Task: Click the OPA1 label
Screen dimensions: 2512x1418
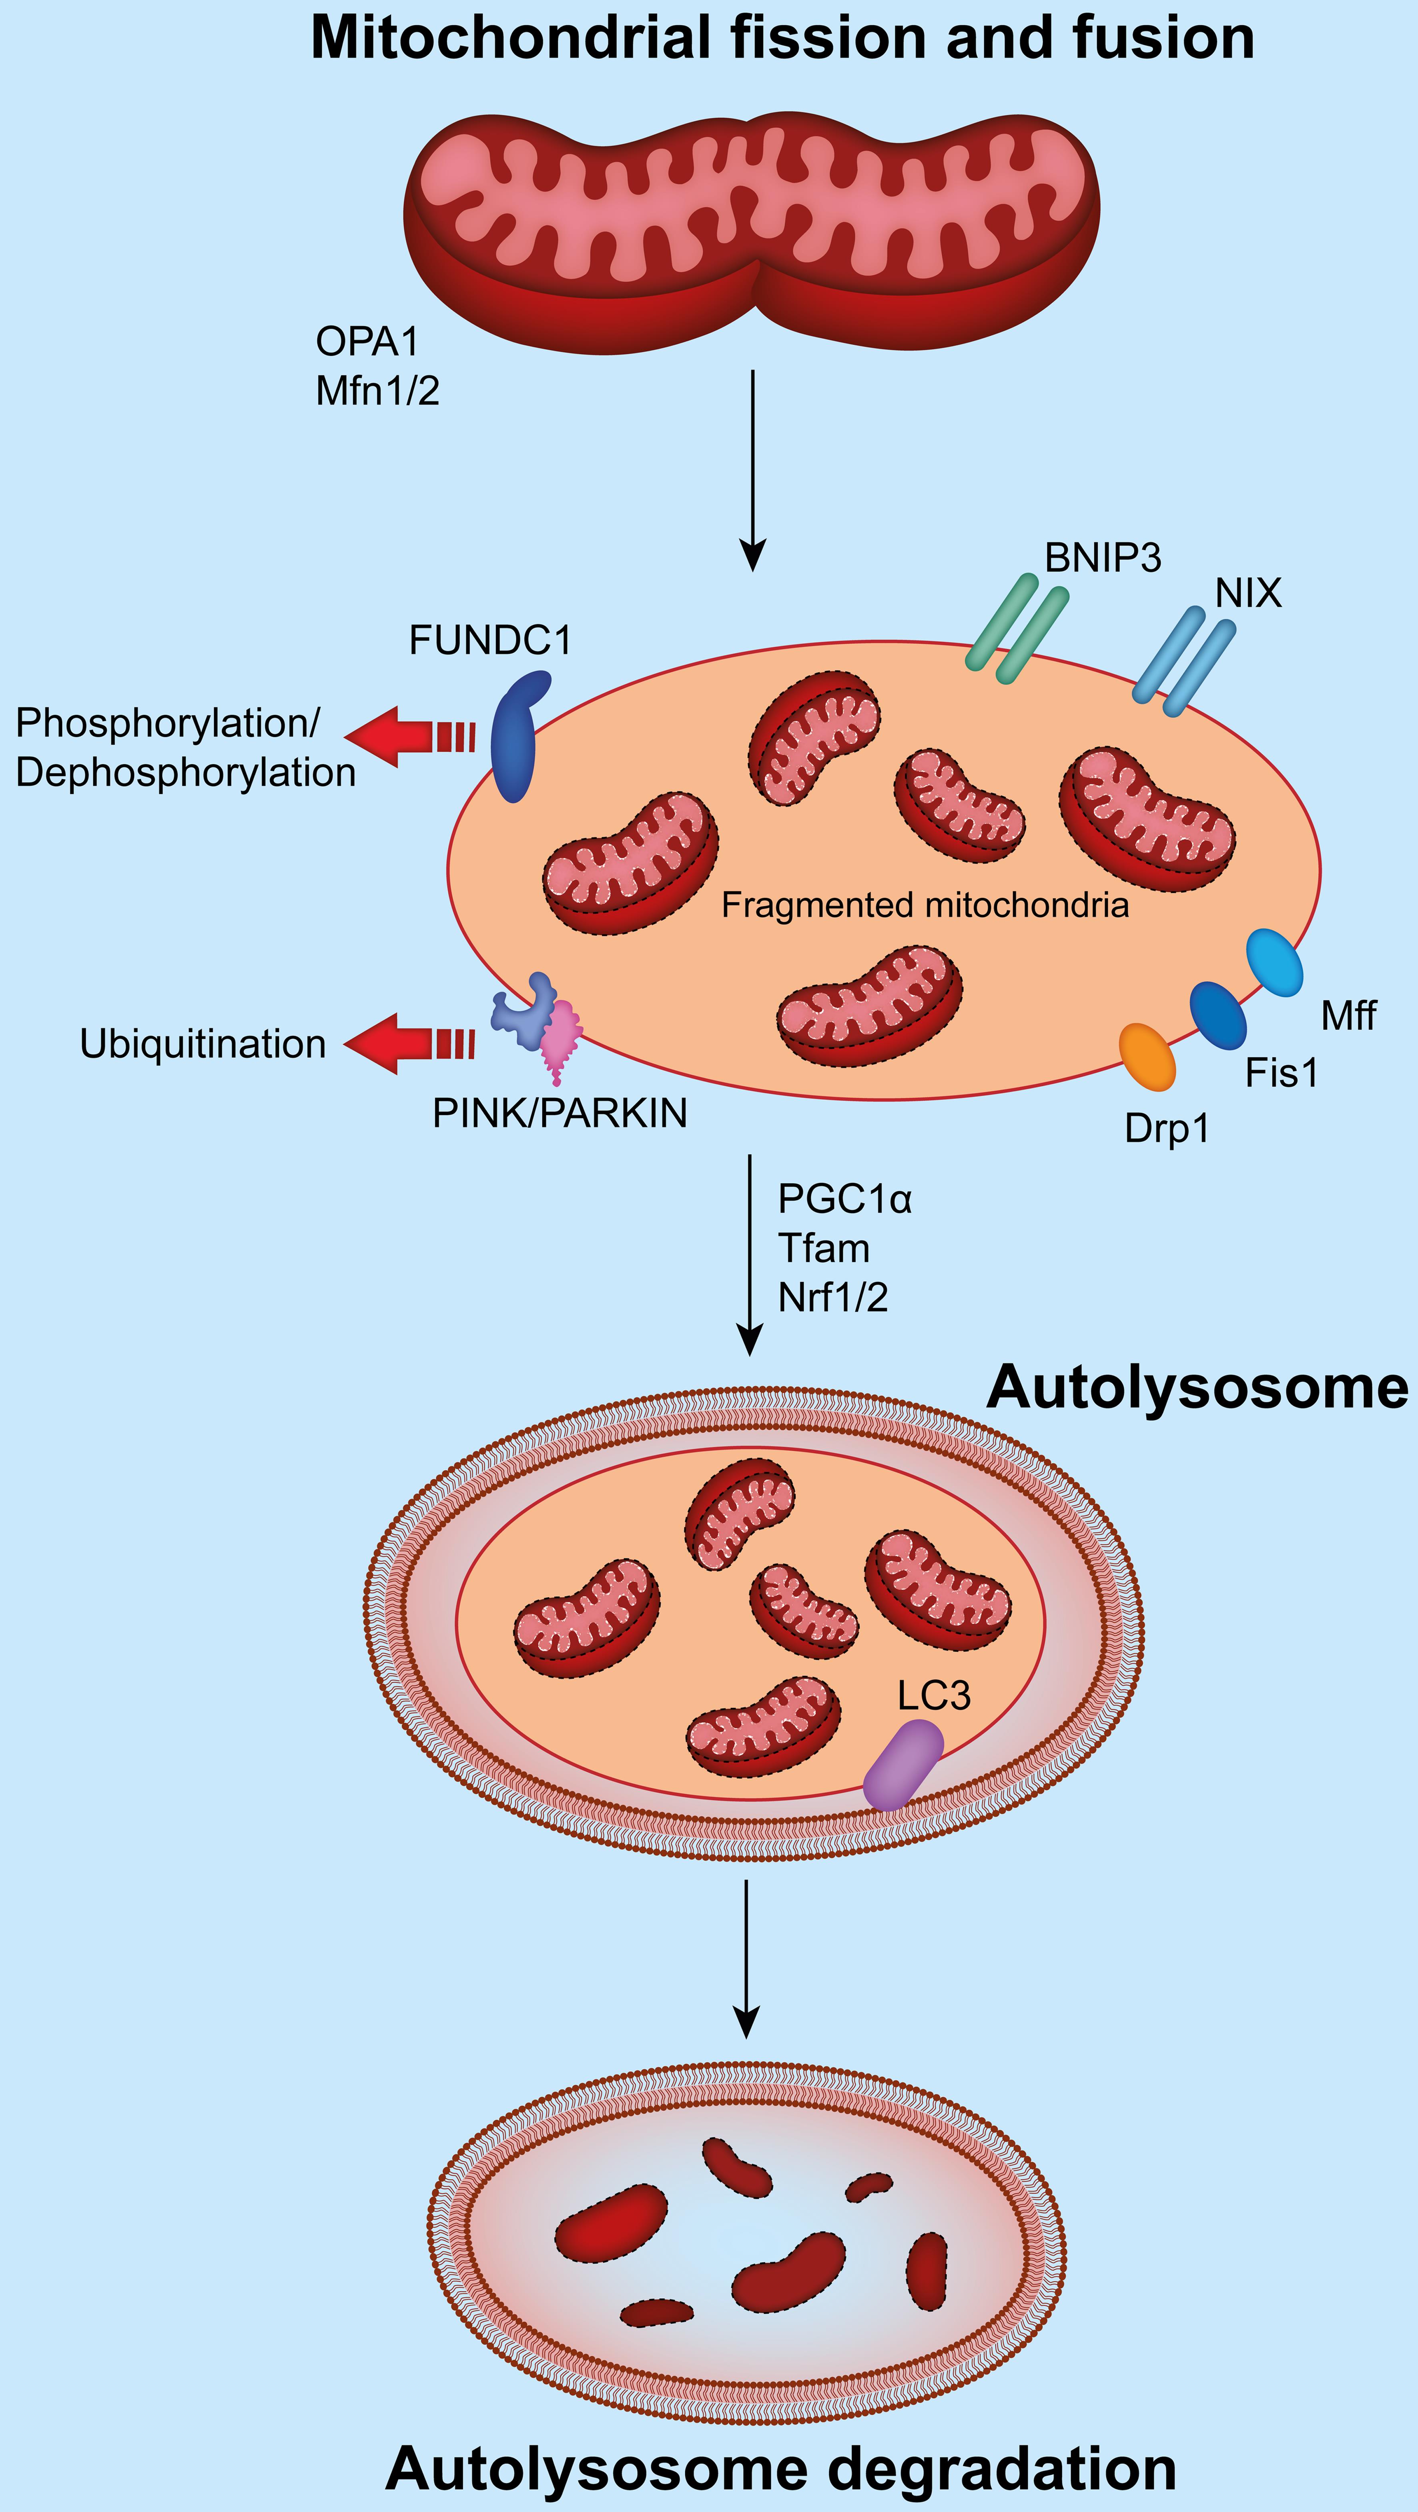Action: (367, 342)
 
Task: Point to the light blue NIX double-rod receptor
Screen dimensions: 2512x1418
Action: (1183, 660)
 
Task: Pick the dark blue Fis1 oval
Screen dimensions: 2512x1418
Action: (1218, 1015)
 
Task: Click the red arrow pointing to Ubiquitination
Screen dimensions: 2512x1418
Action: (409, 1043)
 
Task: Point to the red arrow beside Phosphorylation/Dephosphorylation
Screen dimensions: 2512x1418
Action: (409, 736)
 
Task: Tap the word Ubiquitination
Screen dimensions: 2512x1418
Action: (203, 1044)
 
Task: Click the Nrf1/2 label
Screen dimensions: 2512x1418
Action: (833, 1298)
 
